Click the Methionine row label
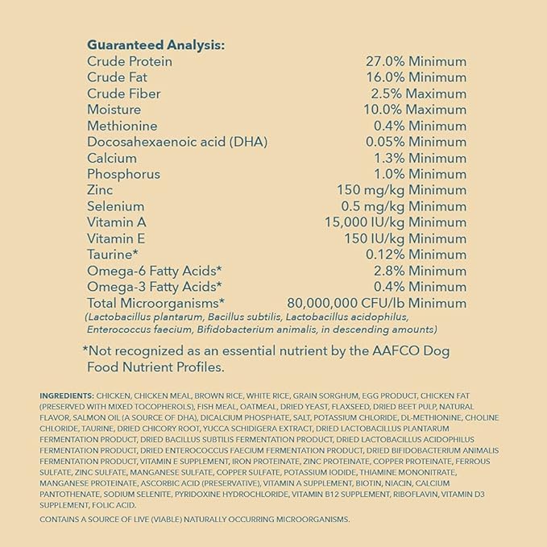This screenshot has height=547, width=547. click(122, 126)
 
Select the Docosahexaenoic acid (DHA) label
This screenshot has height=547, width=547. click(176, 142)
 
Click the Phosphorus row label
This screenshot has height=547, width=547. click(123, 174)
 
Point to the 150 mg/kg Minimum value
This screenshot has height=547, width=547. click(401, 190)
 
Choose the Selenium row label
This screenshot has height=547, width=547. click(116, 206)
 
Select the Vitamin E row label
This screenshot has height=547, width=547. click(117, 238)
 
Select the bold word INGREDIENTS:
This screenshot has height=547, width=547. click(66, 396)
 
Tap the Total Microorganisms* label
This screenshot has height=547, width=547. click(155, 303)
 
